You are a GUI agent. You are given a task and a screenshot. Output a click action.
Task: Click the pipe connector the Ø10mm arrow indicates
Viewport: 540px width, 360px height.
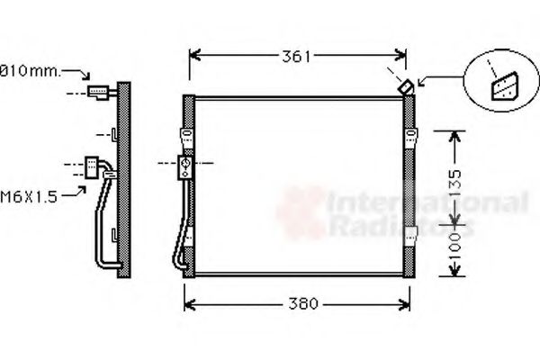(x=100, y=91)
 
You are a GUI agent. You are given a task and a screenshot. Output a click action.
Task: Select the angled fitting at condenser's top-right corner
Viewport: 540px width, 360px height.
(x=407, y=86)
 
